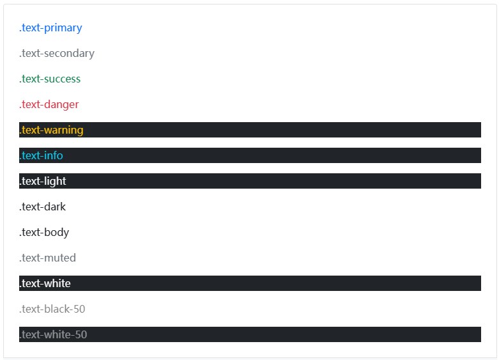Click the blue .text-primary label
50,28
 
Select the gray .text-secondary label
57,54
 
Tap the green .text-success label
50,79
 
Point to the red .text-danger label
49,105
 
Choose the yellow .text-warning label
51,130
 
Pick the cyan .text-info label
41,155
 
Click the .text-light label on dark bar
43,181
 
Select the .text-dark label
42,207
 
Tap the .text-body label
44,233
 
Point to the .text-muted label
47,258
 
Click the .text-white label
45,283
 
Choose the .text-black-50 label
52,309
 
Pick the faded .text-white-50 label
53,334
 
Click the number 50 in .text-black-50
79,309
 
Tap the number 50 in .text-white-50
81,334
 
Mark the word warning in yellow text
64,130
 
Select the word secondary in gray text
69,54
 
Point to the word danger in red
61,105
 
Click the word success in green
63,79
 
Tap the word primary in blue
63,28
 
